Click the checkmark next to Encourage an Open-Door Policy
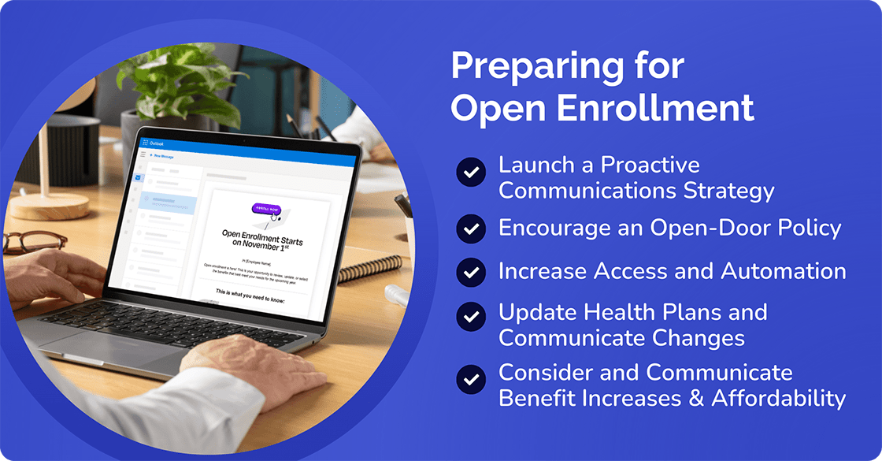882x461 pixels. [x=471, y=229]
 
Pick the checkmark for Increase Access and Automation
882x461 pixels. [x=471, y=272]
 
